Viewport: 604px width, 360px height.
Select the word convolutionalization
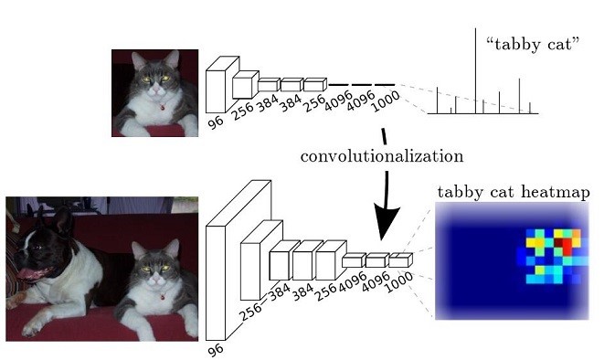[x=383, y=156]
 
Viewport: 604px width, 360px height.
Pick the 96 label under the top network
[x=215, y=119]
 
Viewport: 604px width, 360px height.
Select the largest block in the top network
[x=215, y=86]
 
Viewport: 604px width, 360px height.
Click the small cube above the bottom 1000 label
[x=398, y=261]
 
